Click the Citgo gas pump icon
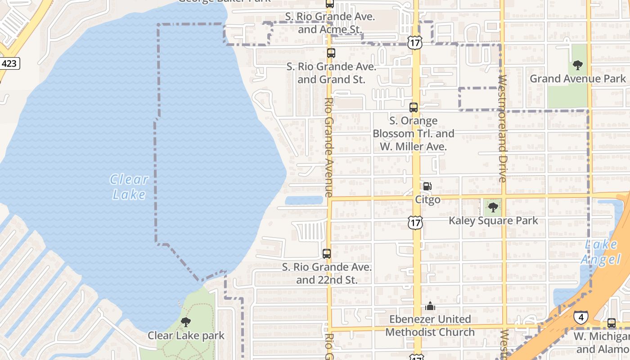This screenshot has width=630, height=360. (427, 186)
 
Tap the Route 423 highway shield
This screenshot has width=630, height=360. (9, 63)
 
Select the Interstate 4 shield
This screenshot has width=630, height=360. (580, 317)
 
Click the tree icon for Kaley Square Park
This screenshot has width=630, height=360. (493, 207)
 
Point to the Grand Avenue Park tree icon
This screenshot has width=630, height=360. (578, 65)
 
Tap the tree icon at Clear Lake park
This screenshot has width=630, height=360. (185, 322)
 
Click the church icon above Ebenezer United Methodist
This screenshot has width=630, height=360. (430, 306)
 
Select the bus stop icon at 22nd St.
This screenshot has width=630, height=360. (327, 254)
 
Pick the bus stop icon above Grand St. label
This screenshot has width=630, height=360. (331, 53)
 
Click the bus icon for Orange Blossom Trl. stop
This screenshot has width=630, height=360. (414, 108)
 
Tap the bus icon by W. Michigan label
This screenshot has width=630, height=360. (611, 323)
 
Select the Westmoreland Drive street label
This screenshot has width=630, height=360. (503, 128)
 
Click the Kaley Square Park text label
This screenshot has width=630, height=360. (493, 220)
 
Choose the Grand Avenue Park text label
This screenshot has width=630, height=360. (577, 79)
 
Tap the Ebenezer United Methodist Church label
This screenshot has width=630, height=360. (430, 325)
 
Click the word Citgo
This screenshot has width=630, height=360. (427, 199)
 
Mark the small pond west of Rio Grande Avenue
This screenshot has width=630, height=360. (304, 200)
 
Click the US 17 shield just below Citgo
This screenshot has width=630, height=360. (416, 222)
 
